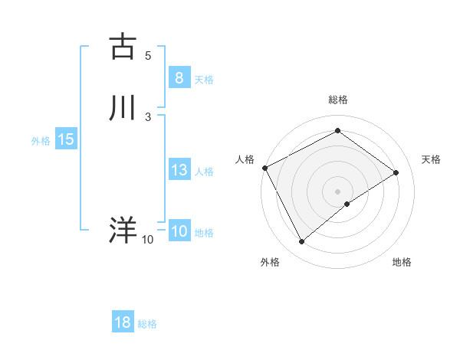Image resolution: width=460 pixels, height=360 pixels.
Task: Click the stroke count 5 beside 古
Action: point(148,55)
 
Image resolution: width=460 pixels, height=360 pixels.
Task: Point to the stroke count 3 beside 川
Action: point(148,116)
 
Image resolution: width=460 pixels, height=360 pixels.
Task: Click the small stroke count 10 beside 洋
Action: point(147,240)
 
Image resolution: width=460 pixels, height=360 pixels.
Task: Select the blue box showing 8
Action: point(179,78)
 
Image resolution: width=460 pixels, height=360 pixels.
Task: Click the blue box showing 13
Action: point(179,170)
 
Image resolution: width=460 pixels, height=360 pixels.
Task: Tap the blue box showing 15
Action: point(65,139)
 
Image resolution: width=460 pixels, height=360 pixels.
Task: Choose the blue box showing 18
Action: point(123,322)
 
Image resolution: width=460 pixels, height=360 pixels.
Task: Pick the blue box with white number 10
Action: point(179,231)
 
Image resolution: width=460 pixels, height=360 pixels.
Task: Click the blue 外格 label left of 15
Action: point(41,141)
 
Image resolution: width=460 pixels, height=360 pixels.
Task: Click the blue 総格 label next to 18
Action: point(147,324)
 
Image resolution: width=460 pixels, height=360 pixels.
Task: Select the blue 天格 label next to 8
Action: point(204,80)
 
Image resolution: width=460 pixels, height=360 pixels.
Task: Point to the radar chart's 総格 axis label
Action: point(337,100)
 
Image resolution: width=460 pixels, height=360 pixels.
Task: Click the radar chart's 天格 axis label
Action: point(432,159)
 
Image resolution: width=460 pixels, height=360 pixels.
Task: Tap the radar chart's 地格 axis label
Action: point(402,263)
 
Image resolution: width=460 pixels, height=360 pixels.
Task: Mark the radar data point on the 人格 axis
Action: point(264,168)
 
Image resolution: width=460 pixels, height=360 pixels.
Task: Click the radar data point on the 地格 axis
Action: point(347,204)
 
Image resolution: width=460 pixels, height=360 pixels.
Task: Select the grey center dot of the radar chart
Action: point(337,191)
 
